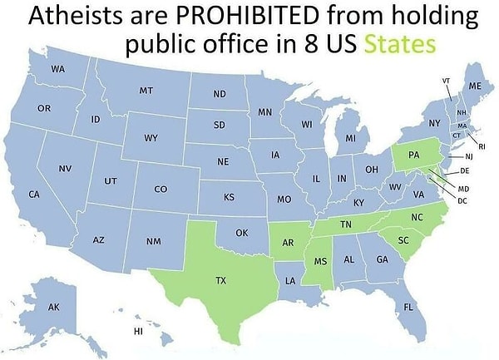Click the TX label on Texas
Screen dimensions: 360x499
pos(221,281)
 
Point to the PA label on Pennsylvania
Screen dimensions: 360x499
pos(413,155)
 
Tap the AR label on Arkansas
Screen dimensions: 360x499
pos(288,244)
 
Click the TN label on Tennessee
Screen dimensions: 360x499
pos(345,224)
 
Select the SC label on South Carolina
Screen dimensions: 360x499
pos(403,240)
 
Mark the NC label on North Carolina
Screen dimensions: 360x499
pos(417,216)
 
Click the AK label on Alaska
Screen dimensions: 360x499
pos(54,308)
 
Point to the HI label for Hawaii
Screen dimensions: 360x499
pos(138,332)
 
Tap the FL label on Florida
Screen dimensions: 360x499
pos(408,307)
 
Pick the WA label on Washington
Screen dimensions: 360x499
pos(57,68)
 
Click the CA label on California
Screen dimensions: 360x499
pos(34,194)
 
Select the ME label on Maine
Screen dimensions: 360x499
pos(475,86)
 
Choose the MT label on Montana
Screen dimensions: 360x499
pos(146,89)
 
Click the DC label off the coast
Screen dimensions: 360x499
pos(462,201)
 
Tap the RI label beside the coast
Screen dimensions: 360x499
pos(482,146)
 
